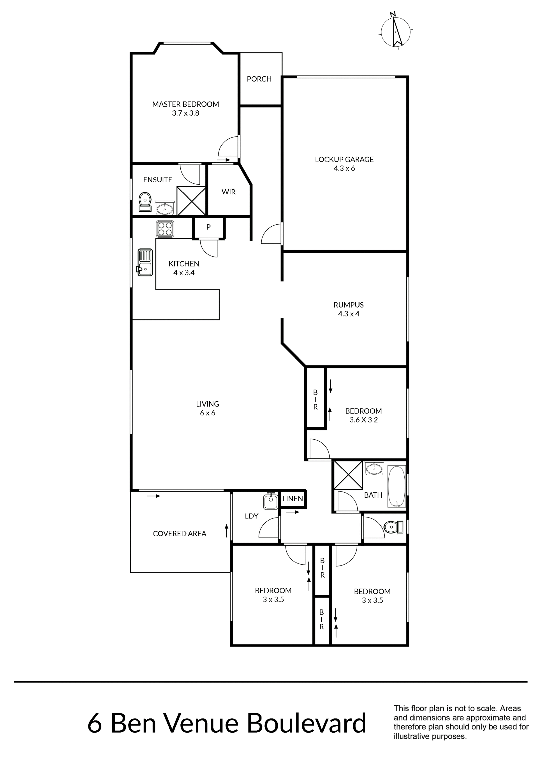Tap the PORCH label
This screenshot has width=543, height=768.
tap(259, 79)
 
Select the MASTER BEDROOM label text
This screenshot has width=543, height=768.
tap(185, 104)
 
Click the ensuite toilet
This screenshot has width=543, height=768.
tap(145, 202)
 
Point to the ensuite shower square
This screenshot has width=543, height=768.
tap(191, 201)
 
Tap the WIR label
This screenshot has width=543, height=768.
tap(229, 192)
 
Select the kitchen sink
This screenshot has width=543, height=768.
tap(145, 262)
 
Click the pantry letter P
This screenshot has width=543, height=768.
tap(208, 227)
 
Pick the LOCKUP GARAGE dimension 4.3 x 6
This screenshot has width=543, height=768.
tap(344, 168)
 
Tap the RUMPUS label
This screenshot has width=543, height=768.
tap(348, 305)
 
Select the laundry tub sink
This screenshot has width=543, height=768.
tap(271, 501)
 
